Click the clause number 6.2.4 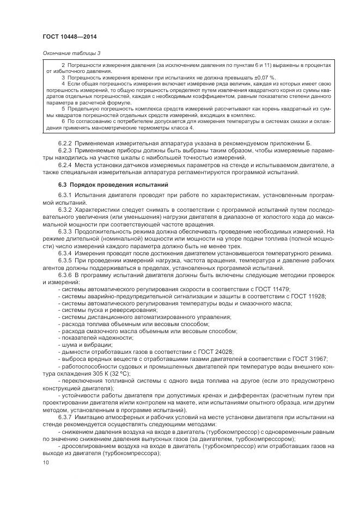66,164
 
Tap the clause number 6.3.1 66,195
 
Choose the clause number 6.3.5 66,260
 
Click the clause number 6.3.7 66,416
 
